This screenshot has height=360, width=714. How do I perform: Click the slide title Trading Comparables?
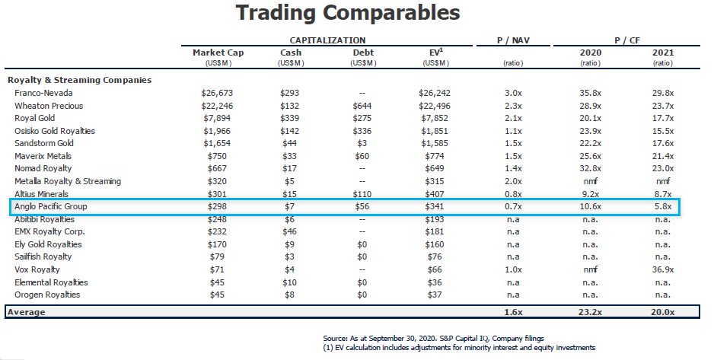(348, 13)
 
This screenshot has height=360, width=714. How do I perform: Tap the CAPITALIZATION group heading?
(327, 40)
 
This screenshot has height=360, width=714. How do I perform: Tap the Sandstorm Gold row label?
(44, 143)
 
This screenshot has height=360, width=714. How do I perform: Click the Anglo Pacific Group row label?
(53, 206)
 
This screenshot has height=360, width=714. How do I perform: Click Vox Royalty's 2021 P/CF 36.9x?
(662, 269)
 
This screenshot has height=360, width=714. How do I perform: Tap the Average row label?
(26, 312)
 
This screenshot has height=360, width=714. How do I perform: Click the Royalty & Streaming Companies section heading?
(79, 80)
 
